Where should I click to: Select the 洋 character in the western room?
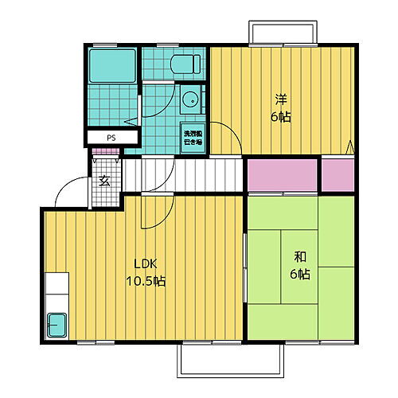[281, 99]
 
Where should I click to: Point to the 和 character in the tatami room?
[300, 257]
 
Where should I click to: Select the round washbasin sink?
[191, 100]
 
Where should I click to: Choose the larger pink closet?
[281, 175]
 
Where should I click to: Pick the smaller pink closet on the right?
[338, 175]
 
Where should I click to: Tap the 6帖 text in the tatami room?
[300, 274]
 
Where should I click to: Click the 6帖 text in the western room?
[281, 116]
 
